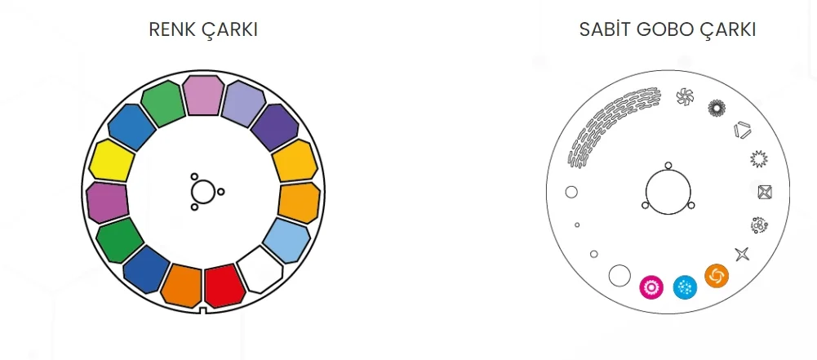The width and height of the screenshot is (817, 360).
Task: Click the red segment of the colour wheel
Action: [224, 286]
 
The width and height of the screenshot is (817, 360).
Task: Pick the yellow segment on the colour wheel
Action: [112, 161]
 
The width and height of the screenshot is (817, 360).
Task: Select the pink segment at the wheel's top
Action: [203, 95]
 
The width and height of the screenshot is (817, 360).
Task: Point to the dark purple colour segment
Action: [275, 128]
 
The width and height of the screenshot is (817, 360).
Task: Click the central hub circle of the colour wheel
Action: [202, 192]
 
